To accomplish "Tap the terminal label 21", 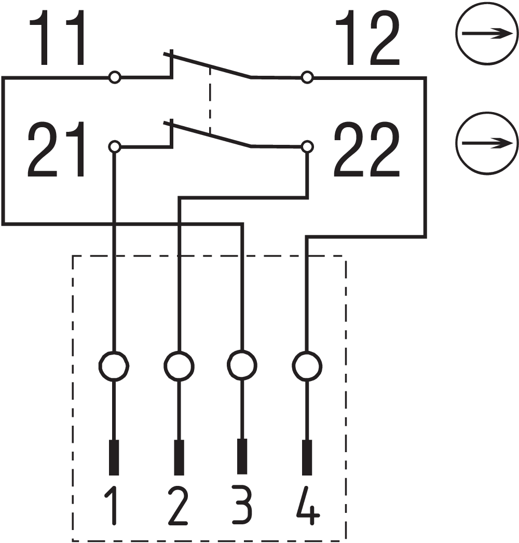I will click(57, 151).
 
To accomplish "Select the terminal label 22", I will click(366, 151).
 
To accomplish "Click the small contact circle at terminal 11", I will click(115, 78).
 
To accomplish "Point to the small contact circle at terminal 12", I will click(307, 78).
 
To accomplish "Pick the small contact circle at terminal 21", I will click(115, 147).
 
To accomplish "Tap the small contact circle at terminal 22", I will click(307, 147).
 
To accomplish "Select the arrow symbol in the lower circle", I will click(486, 143).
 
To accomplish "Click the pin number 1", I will click(113, 506).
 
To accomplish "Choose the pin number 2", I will click(177, 506).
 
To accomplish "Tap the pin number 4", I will click(308, 506).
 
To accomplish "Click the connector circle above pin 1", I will click(114, 366).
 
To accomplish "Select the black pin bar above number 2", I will click(179, 457).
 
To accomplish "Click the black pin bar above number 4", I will click(307, 457).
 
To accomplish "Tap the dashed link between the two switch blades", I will click(210, 101).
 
